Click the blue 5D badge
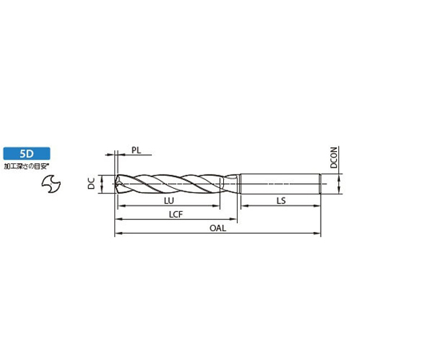coord(26,154)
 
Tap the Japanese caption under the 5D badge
coord(26,166)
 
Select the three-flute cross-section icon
coord(51,183)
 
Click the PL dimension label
coord(136,150)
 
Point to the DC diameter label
coord(91,184)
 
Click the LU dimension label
coord(169,201)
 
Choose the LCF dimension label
coord(176,214)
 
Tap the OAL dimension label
coord(218,228)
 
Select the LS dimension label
coord(281,201)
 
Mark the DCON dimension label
coord(334,158)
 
